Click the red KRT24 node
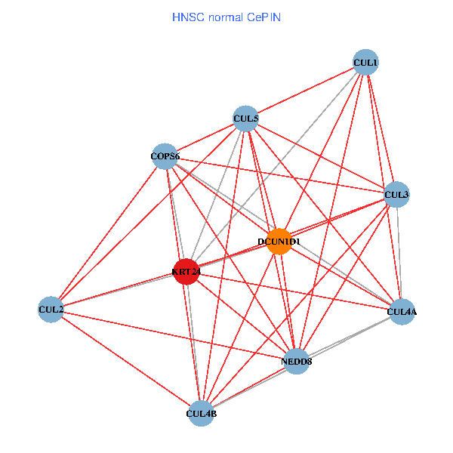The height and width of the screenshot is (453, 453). pyautogui.click(x=186, y=272)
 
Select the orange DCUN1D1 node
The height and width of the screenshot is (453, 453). pyautogui.click(x=279, y=242)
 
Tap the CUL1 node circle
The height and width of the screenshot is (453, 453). pyautogui.click(x=365, y=62)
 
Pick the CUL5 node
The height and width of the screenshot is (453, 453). pyautogui.click(x=245, y=119)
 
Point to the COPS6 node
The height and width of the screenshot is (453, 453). pyautogui.click(x=165, y=156)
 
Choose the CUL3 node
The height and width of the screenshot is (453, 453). pyautogui.click(x=396, y=194)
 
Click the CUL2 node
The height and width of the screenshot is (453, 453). pyautogui.click(x=51, y=310)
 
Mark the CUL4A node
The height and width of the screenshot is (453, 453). pyautogui.click(x=402, y=311)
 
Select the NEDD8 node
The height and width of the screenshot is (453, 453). pyautogui.click(x=297, y=361)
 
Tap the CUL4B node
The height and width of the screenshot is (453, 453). pyautogui.click(x=201, y=413)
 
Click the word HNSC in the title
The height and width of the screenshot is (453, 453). pyautogui.click(x=186, y=16)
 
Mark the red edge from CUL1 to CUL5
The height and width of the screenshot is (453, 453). pyautogui.click(x=305, y=91)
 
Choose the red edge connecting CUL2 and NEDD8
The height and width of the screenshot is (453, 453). pyautogui.click(x=174, y=335)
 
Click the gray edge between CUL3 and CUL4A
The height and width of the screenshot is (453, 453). pyautogui.click(x=399, y=253)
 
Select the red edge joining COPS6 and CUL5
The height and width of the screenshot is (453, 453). pyautogui.click(x=205, y=137)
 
